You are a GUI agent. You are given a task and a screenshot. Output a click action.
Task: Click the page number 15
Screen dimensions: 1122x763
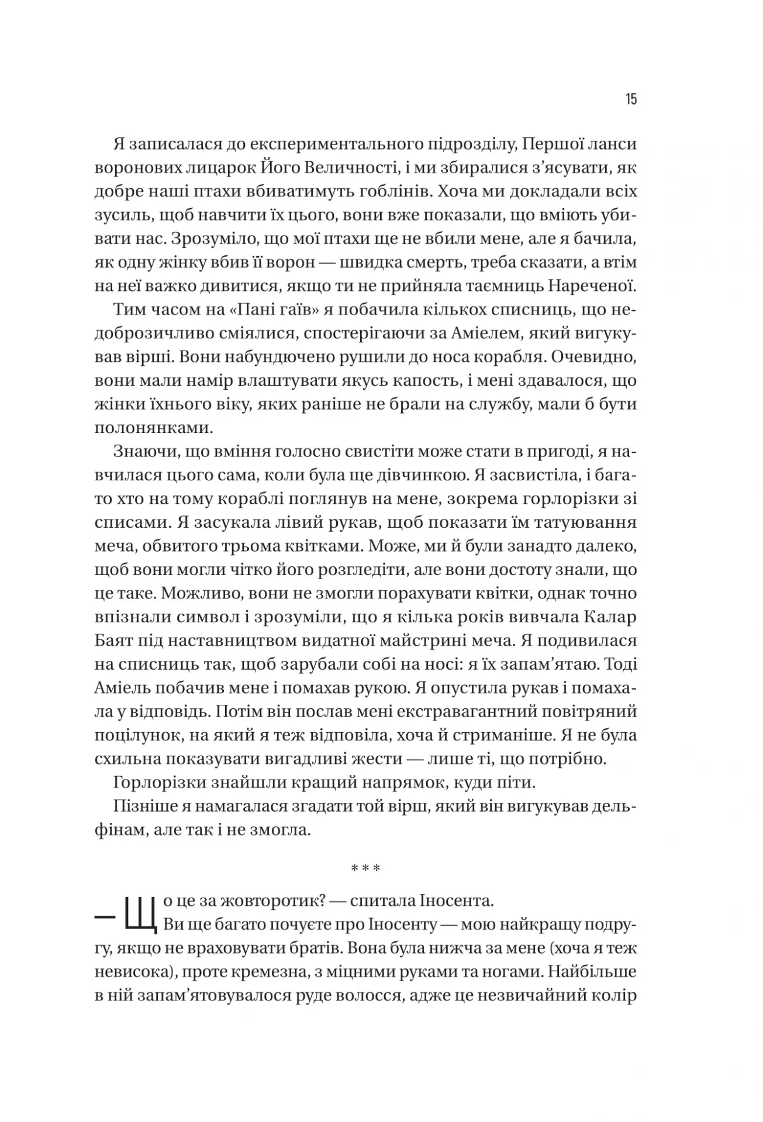[x=630, y=99]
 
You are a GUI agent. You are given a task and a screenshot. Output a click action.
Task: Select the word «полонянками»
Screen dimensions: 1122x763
[x=153, y=428]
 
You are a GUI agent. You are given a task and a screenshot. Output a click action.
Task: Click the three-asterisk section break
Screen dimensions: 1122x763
[x=365, y=868]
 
